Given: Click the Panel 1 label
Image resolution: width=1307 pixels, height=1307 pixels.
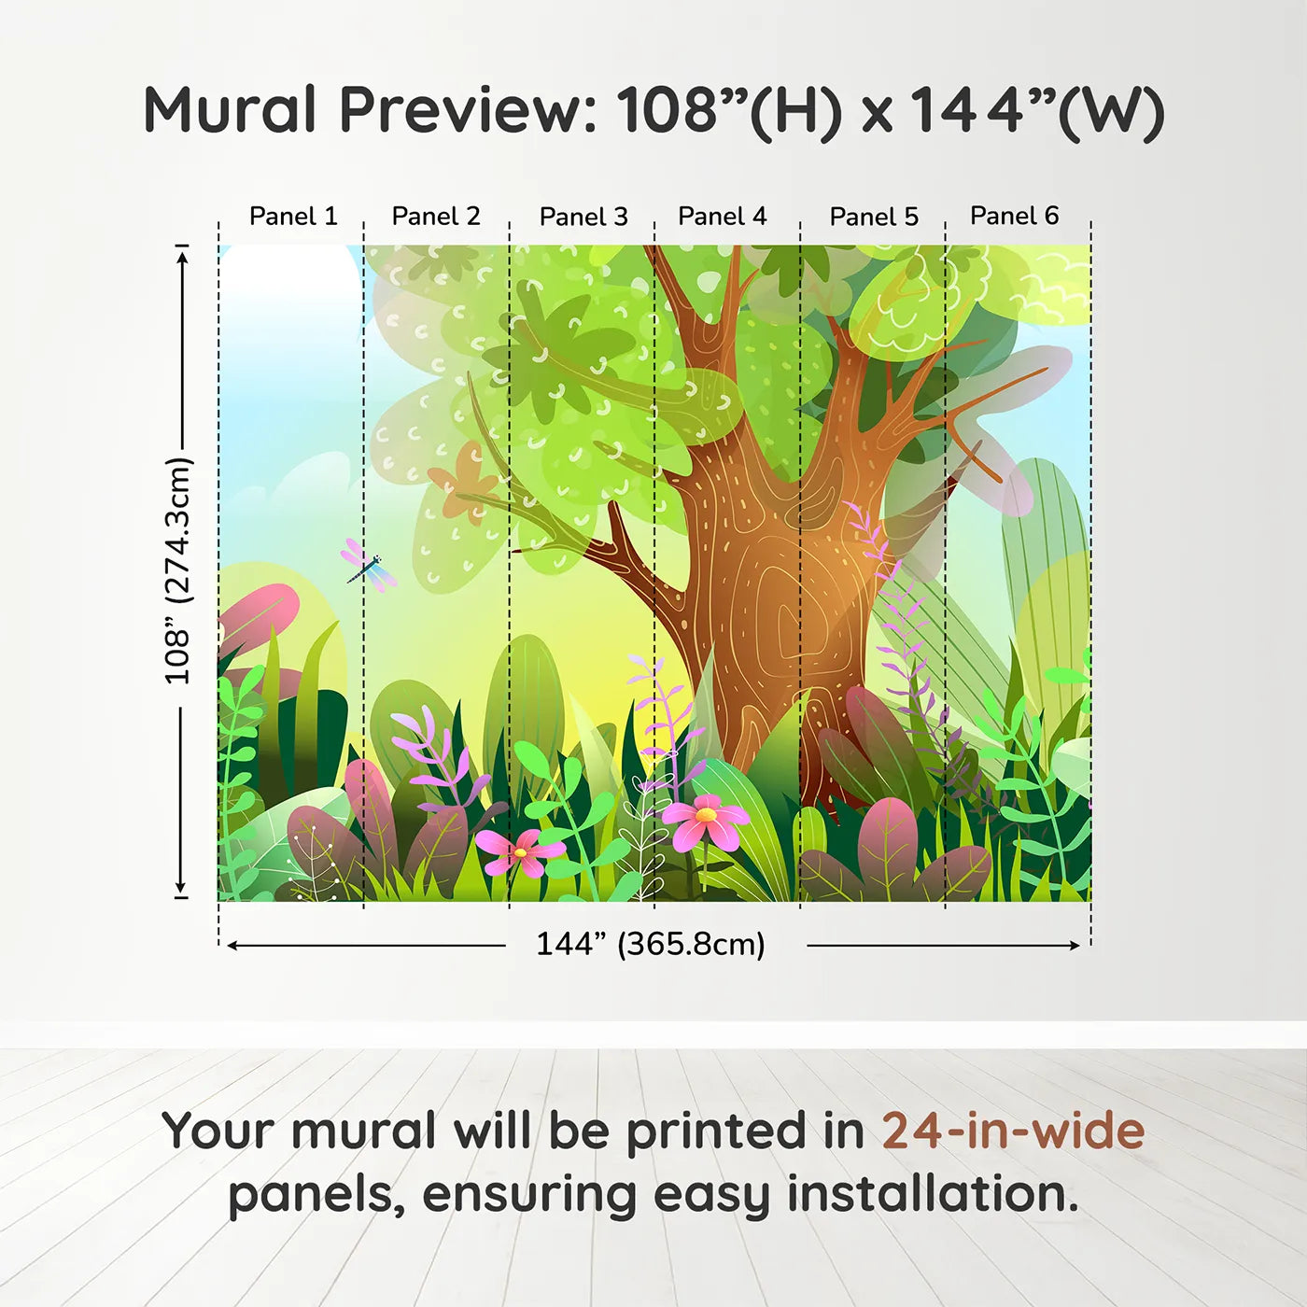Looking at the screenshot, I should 292,217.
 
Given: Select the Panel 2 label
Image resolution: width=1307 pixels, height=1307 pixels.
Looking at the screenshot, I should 436,217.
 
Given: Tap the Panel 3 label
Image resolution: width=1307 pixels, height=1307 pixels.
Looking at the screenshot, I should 583,217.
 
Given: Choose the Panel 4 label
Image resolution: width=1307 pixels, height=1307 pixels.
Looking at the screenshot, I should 722,217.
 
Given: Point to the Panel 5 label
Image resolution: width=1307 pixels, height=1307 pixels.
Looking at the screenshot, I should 874,217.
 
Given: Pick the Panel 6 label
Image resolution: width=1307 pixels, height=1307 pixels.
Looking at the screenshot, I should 1014,216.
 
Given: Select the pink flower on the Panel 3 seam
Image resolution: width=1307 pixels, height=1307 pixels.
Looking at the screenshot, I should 520,852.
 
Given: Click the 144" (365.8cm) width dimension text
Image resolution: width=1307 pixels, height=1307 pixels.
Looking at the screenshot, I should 650,944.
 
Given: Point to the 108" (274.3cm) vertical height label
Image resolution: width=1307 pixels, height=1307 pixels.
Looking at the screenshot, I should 177,570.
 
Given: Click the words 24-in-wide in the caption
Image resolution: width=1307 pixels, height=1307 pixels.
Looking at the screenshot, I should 1013,1131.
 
